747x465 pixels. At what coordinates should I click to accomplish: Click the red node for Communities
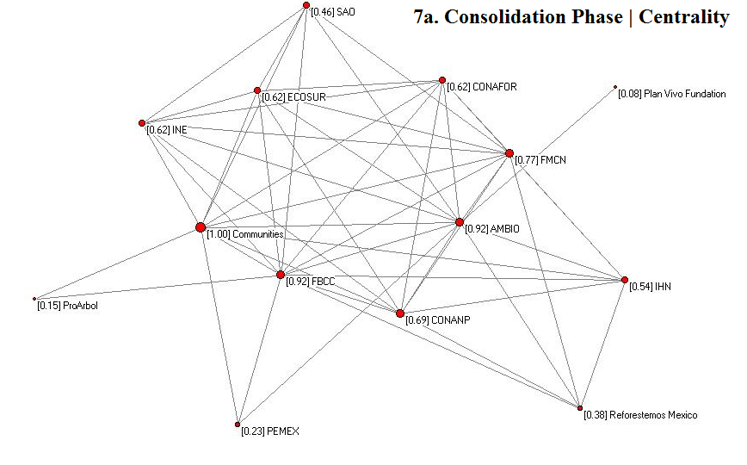tap(201, 227)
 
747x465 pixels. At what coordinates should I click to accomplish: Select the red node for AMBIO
tap(460, 222)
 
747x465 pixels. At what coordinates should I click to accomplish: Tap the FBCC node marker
tap(280, 275)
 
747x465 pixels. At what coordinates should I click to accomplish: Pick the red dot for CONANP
tap(400, 313)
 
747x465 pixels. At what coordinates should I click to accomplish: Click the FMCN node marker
tap(509, 153)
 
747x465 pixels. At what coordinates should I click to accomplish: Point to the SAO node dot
tap(306, 5)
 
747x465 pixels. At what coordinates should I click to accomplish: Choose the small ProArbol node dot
tap(34, 299)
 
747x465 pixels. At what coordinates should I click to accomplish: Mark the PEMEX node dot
tap(238, 425)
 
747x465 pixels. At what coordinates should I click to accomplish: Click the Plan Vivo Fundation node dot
tap(615, 86)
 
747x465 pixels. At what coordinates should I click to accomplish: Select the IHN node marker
tap(625, 279)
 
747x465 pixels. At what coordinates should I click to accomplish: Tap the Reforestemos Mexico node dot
tap(580, 408)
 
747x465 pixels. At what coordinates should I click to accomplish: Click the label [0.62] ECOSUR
tap(294, 98)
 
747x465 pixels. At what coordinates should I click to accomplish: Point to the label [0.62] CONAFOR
tap(481, 87)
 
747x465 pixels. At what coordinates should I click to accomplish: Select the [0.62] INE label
tap(166, 130)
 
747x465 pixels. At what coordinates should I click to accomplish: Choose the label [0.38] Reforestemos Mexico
tap(640, 415)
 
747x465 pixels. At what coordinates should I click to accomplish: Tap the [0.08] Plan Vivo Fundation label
tap(671, 94)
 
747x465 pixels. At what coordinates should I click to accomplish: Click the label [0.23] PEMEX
tap(270, 431)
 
